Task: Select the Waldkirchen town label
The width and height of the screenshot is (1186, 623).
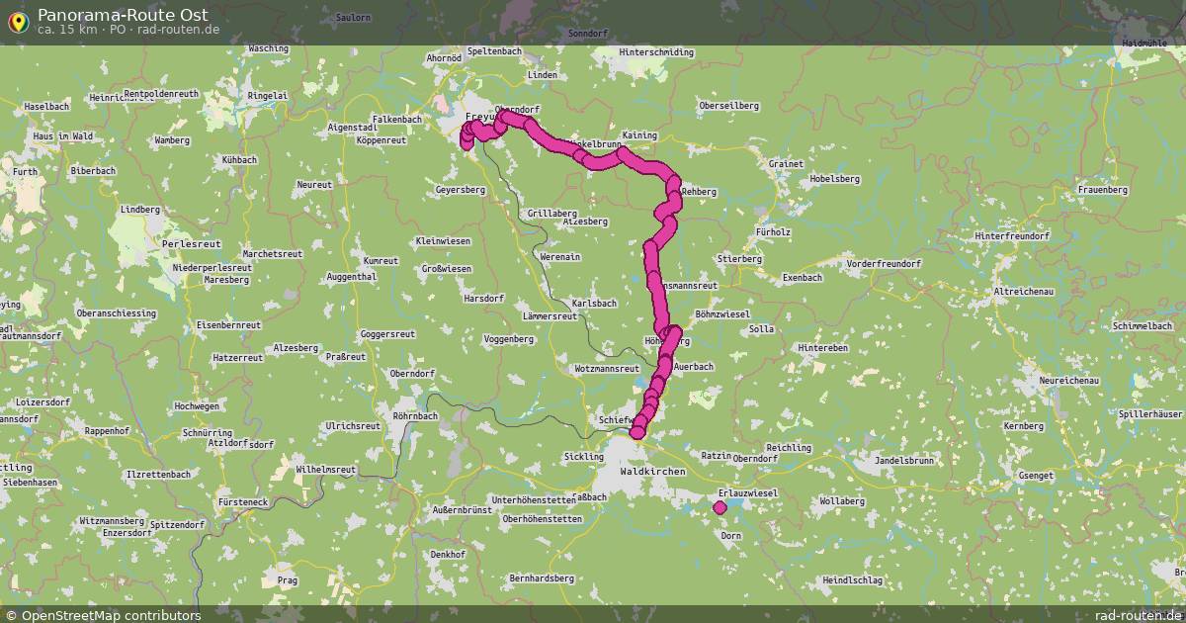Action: click(x=651, y=473)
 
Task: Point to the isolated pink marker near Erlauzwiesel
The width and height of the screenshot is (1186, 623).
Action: click(x=720, y=507)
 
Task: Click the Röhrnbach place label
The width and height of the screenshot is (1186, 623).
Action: click(x=415, y=416)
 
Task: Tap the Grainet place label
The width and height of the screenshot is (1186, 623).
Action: click(x=784, y=164)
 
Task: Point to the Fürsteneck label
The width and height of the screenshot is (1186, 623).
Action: click(x=242, y=502)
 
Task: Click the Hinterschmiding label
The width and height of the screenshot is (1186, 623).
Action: click(x=656, y=51)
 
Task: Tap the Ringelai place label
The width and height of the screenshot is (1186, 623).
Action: click(x=268, y=96)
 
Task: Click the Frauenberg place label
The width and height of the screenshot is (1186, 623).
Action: click(x=1103, y=189)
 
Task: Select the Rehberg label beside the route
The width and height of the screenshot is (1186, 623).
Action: click(x=699, y=191)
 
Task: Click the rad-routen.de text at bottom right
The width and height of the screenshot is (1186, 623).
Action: click(x=1139, y=615)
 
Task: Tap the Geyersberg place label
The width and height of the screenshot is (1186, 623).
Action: click(x=460, y=190)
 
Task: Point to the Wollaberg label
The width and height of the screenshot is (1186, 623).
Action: click(x=841, y=501)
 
